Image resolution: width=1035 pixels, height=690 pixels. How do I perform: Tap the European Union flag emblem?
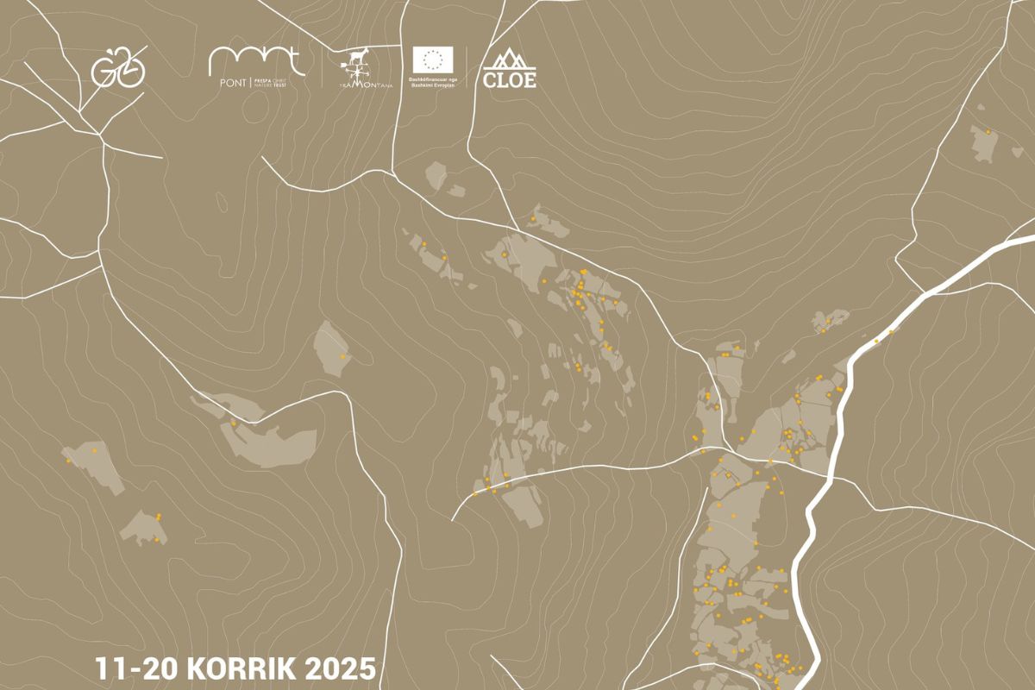tap(433, 59)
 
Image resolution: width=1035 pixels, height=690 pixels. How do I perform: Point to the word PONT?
tap(227, 83)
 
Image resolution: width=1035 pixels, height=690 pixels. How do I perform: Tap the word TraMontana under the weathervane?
tap(367, 85)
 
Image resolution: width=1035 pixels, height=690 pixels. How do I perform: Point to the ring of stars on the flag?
tap(433, 59)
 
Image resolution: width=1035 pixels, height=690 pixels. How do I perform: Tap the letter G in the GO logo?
tap(104, 69)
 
